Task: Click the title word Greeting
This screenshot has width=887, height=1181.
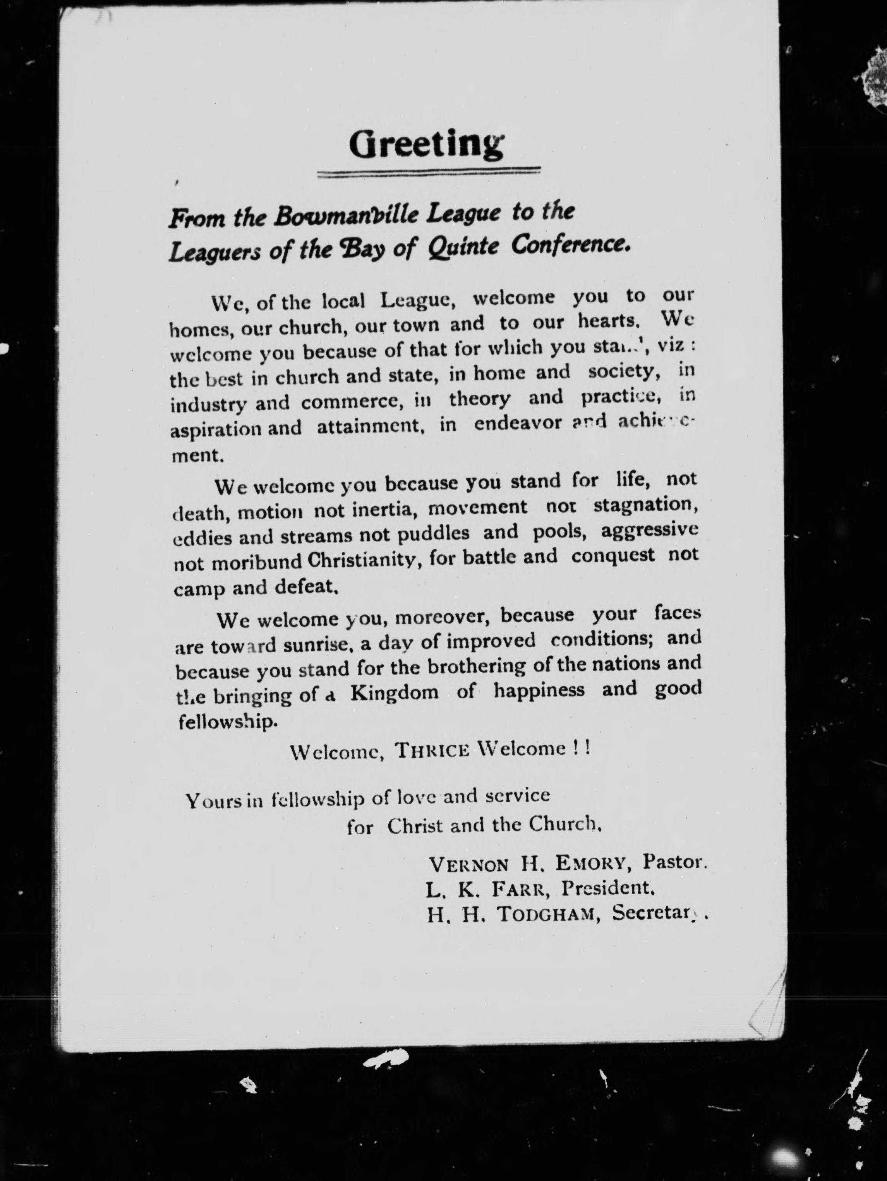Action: click(x=426, y=145)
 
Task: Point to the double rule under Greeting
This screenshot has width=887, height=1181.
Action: click(x=429, y=172)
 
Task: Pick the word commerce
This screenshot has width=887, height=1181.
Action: click(x=352, y=402)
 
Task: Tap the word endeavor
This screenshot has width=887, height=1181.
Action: click(x=518, y=423)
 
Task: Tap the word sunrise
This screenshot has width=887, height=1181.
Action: click(x=317, y=645)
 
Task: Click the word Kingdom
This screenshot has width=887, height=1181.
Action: click(x=395, y=693)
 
